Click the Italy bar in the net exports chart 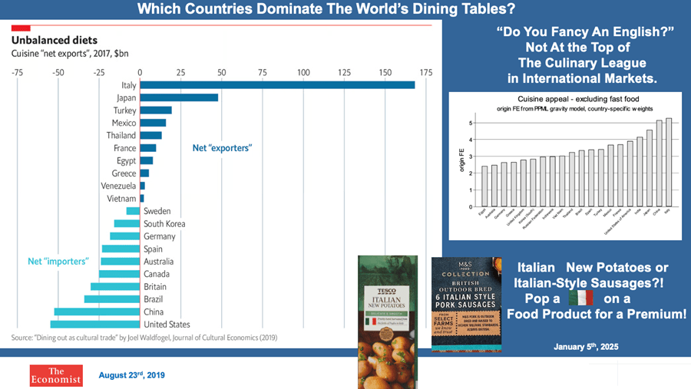point(276,84)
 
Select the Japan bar point(178,97)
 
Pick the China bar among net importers point(97,312)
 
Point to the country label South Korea point(164,224)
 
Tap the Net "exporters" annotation point(222,147)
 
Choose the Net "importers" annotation point(57,261)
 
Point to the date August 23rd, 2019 point(131,375)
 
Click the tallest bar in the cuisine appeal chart point(668,163)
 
